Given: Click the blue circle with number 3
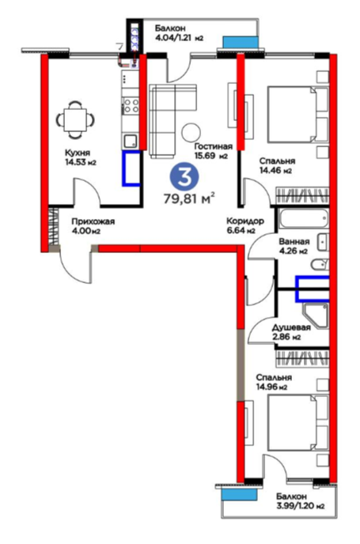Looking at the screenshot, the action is pyautogui.click(x=184, y=177).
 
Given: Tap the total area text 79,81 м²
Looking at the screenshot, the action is pyautogui.click(x=189, y=199).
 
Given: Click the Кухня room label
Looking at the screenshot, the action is pyautogui.click(x=78, y=153).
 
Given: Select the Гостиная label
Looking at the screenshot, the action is pyautogui.click(x=213, y=146).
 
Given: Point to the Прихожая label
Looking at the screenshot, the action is pyautogui.click(x=93, y=221).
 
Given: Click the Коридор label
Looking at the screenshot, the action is pyautogui.click(x=245, y=221).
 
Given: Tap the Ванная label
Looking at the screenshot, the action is pyautogui.click(x=294, y=241).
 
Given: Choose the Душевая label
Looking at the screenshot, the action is pyautogui.click(x=291, y=327).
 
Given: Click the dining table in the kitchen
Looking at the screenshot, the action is pyautogui.click(x=75, y=119).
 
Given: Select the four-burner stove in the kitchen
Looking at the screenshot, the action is pyautogui.click(x=131, y=105).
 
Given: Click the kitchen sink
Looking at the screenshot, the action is pyautogui.click(x=131, y=142).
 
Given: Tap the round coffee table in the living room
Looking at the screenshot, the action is pyautogui.click(x=191, y=132).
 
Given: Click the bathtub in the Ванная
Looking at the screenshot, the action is pyautogui.click(x=303, y=218).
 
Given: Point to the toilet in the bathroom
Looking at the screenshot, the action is pyautogui.click(x=320, y=265).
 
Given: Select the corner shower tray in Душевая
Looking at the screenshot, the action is pyautogui.click(x=315, y=316).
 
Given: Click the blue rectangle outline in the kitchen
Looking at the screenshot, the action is pyautogui.click(x=131, y=168).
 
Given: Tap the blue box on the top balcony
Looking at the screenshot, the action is pyautogui.click(x=241, y=42).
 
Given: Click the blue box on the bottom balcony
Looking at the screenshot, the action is pyautogui.click(x=239, y=494).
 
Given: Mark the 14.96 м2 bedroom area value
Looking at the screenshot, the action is pyautogui.click(x=272, y=387).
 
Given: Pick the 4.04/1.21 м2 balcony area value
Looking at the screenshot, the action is pyautogui.click(x=179, y=37).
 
